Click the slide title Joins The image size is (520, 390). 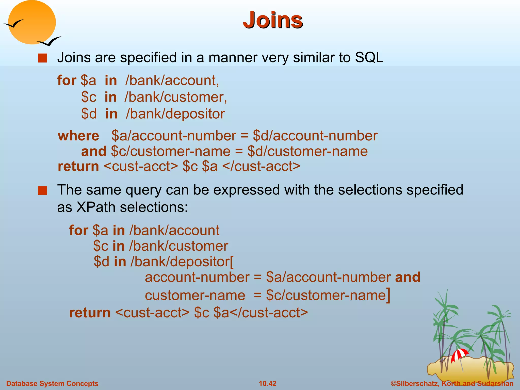(273, 20)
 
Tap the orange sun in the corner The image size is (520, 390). (32, 22)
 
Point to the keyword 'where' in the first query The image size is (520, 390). (78, 136)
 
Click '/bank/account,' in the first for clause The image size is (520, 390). (172, 80)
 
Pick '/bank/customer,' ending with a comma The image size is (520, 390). (175, 97)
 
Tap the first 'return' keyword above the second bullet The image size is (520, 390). (78, 167)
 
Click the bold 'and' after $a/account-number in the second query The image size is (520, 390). (408, 277)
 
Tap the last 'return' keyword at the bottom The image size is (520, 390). (90, 313)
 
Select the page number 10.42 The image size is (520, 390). (267, 383)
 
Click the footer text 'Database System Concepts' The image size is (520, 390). (52, 383)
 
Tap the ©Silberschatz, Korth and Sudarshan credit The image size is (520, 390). (452, 383)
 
